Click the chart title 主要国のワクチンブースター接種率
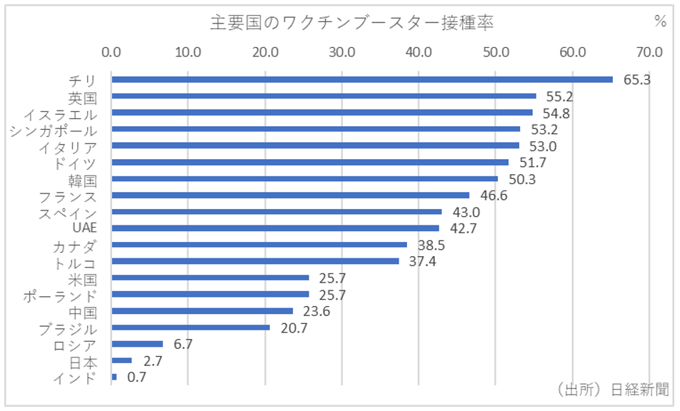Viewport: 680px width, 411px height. (x=351, y=22)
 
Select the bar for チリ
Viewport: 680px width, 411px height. (x=361, y=79)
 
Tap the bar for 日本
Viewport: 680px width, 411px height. (x=121, y=360)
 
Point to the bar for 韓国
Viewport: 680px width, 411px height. (x=304, y=178)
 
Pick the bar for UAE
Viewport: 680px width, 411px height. (x=275, y=228)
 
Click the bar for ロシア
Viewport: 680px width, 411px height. (x=137, y=344)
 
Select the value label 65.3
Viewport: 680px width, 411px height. (x=636, y=80)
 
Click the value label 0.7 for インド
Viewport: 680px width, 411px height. (x=136, y=377)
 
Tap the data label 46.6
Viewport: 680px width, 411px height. (x=493, y=196)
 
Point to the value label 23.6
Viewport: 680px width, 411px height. (x=316, y=311)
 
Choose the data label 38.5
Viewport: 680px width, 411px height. (x=431, y=245)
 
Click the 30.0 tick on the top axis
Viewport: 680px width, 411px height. (x=342, y=51)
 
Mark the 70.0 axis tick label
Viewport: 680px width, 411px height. (x=649, y=51)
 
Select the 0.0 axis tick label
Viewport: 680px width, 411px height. (x=111, y=51)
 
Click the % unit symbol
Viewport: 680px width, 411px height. (x=659, y=21)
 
